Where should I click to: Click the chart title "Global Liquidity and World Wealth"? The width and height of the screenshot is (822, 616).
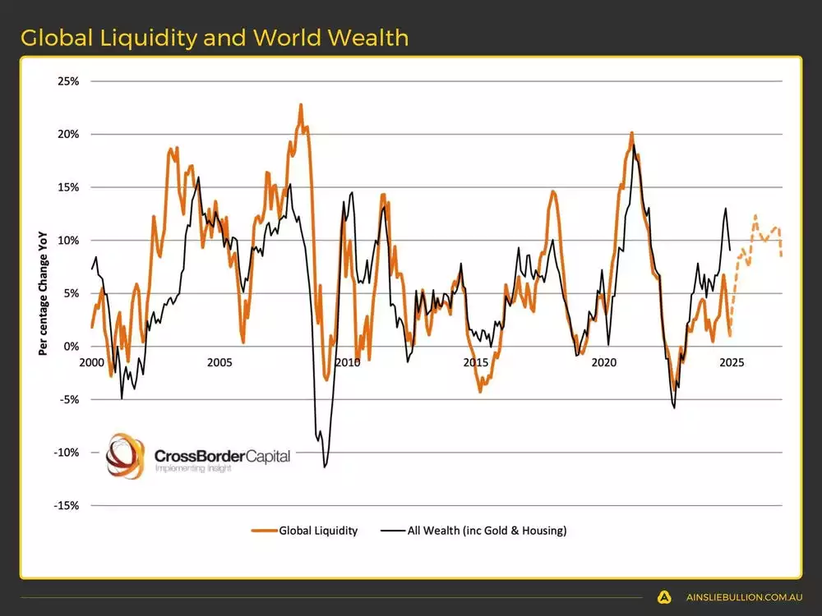[215, 38]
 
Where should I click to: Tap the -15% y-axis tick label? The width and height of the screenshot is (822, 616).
[67, 506]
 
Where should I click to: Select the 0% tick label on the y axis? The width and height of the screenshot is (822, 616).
[71, 347]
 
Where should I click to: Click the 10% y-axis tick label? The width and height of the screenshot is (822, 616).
[68, 241]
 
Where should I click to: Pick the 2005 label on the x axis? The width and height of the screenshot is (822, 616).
[219, 362]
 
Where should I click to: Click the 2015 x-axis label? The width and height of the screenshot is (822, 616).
[475, 362]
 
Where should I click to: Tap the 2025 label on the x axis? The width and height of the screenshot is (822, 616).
[732, 362]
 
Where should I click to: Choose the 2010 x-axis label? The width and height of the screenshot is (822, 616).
[348, 362]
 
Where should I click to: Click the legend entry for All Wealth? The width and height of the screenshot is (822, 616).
[473, 531]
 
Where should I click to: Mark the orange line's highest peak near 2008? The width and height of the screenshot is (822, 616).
[301, 105]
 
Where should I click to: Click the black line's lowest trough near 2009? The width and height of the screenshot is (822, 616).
[325, 467]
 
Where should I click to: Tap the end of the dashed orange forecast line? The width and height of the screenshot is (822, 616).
[781, 255]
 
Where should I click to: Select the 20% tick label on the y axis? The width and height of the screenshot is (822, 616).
[68, 135]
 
